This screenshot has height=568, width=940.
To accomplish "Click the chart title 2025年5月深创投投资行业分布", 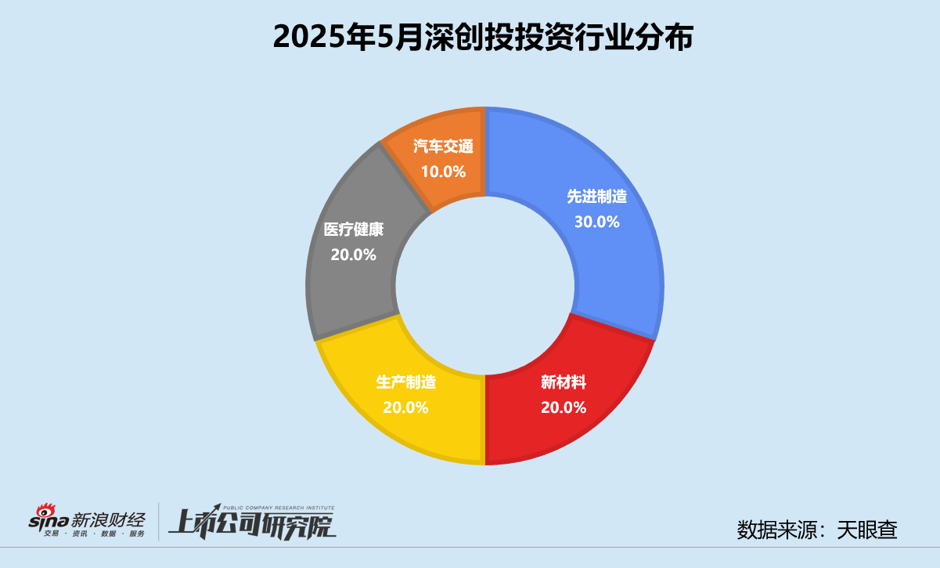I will (483, 38).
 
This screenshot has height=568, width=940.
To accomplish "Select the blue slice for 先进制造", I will (618, 259).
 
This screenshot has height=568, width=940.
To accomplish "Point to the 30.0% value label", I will (597, 222).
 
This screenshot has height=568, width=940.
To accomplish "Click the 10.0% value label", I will (444, 172).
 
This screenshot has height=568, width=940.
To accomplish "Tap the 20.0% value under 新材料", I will (564, 407).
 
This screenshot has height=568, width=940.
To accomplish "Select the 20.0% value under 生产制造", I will (405, 407).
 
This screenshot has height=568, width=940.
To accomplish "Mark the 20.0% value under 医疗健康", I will (354, 255).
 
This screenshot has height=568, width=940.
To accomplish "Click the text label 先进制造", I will (597, 197).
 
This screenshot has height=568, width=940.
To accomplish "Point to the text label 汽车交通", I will (444, 147).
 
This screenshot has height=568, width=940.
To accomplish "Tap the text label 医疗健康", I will (354, 230).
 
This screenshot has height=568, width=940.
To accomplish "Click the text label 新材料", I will (564, 383).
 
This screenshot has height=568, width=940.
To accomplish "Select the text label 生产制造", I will (405, 383).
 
